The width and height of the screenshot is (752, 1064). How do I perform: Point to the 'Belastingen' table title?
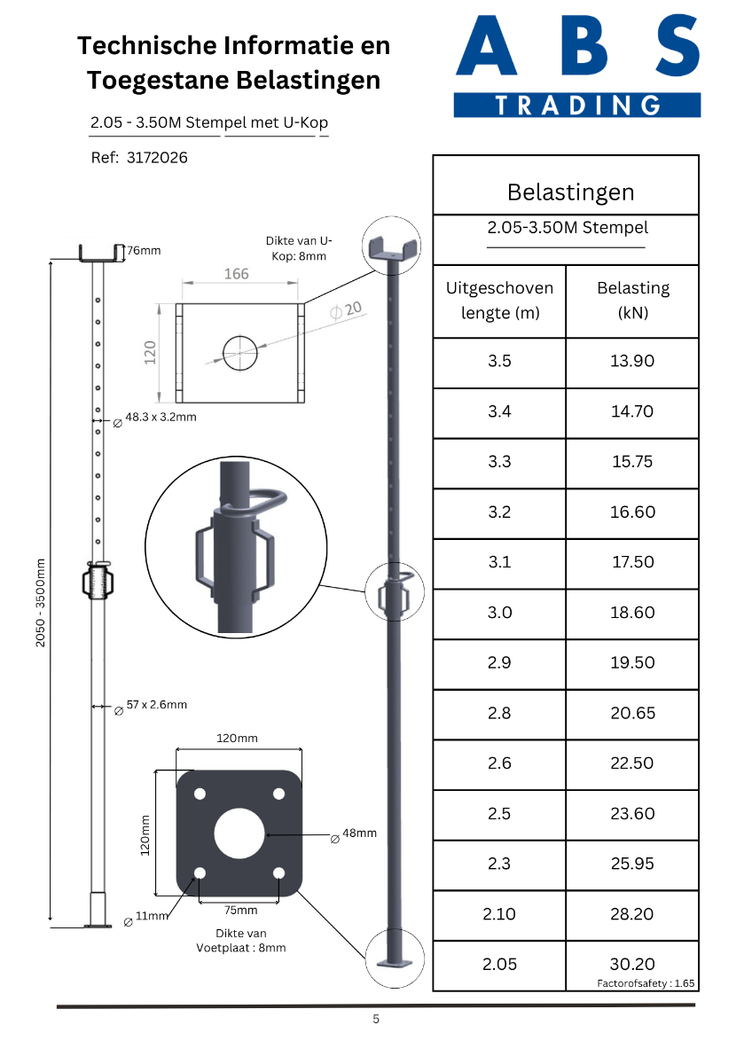click(570, 192)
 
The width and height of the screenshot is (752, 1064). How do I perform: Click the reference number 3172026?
click(157, 158)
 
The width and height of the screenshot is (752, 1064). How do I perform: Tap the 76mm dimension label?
click(144, 250)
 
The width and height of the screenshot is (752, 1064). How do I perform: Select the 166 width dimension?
click(237, 274)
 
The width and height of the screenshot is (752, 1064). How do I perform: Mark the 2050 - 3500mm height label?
click(41, 603)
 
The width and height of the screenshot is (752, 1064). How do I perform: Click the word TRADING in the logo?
click(577, 105)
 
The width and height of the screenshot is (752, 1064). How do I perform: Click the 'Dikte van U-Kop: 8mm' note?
click(299, 248)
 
